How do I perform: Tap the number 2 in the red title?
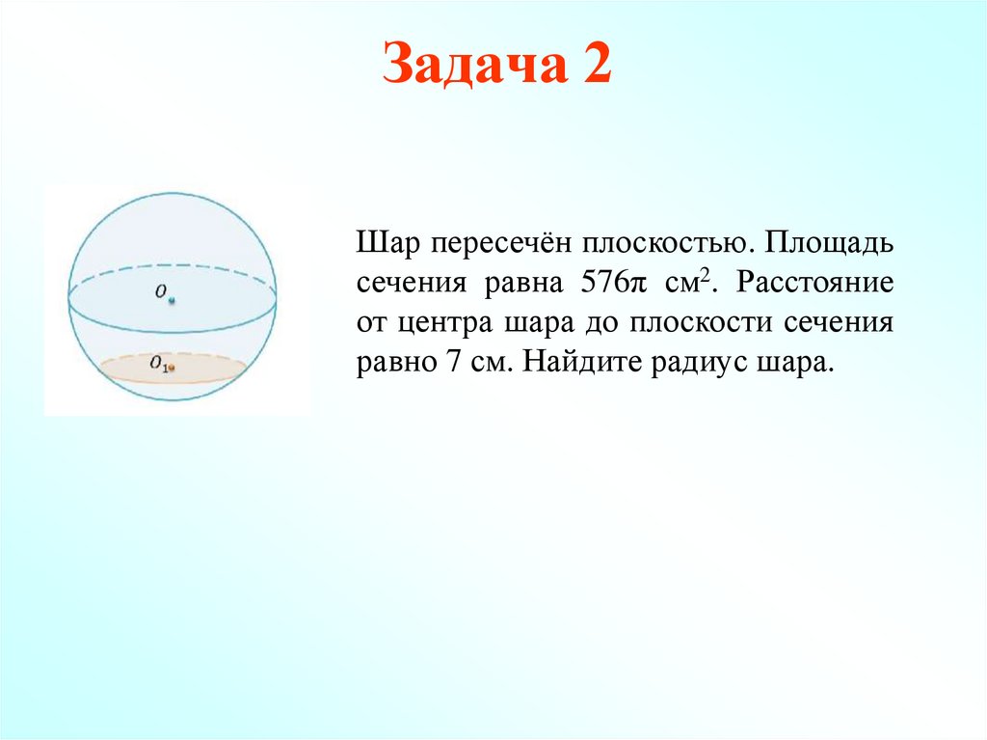click(x=595, y=66)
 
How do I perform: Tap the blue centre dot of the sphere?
click(x=172, y=301)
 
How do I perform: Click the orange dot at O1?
click(x=172, y=368)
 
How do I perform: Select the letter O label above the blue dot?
click(x=161, y=289)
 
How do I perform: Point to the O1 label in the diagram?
click(x=158, y=364)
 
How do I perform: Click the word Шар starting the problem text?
click(x=380, y=243)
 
